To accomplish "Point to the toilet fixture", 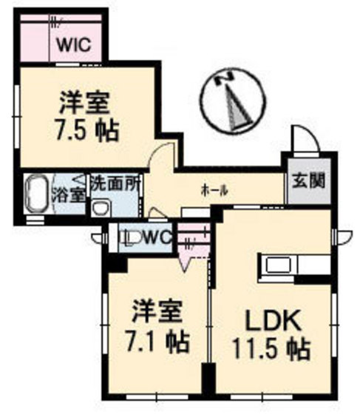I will point(130,238).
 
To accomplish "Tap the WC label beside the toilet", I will point(157,238).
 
